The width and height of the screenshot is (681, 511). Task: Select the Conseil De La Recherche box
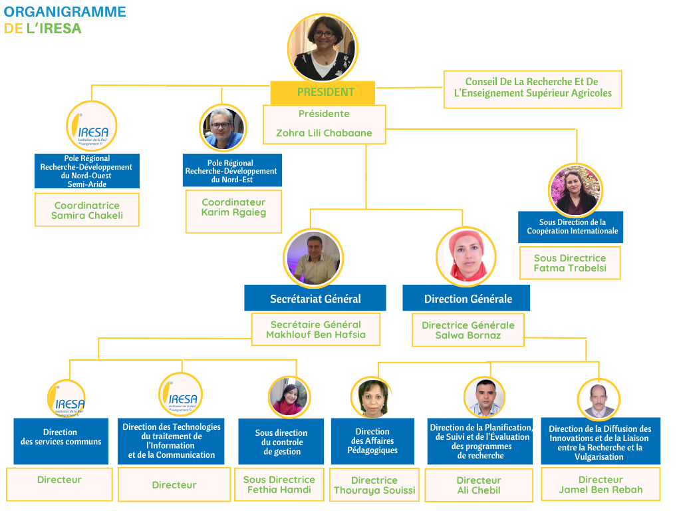[532, 88]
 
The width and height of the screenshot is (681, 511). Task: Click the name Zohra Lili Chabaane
[324, 133]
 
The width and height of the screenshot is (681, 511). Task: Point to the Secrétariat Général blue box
[315, 299]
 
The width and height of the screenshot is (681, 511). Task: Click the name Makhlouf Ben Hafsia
[316, 335]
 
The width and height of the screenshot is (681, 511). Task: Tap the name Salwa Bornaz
[468, 335]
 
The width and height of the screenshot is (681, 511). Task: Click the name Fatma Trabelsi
[570, 268]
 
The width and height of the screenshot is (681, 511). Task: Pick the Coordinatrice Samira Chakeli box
[87, 210]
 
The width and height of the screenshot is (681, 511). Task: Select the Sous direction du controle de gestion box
[281, 442]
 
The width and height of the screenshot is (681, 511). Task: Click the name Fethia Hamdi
[279, 490]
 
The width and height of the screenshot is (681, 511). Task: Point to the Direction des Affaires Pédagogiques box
[372, 441]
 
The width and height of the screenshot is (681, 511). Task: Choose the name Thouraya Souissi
[374, 490]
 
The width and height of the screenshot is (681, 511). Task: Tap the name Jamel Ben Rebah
[601, 490]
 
